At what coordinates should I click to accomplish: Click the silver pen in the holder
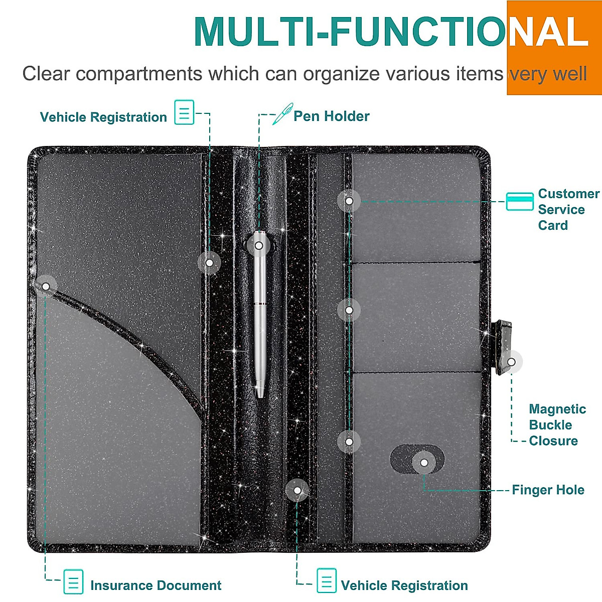259,321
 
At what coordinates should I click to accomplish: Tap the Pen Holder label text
331,116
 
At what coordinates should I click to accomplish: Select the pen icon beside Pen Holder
282,114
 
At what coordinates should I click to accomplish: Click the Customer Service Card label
568,210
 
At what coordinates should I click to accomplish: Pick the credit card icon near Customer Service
519,201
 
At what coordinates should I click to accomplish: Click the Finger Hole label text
548,490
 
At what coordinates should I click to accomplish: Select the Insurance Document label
156,585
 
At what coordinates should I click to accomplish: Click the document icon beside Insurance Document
73,581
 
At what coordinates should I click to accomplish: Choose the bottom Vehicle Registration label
404,585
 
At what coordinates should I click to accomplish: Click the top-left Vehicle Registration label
103,117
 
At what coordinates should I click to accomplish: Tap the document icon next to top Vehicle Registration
184,112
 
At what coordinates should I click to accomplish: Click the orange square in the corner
554,48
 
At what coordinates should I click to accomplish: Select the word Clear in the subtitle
46,74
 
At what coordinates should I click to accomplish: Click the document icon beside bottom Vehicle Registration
327,581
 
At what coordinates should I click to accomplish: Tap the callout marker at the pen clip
258,246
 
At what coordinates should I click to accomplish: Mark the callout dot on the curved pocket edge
46,286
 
